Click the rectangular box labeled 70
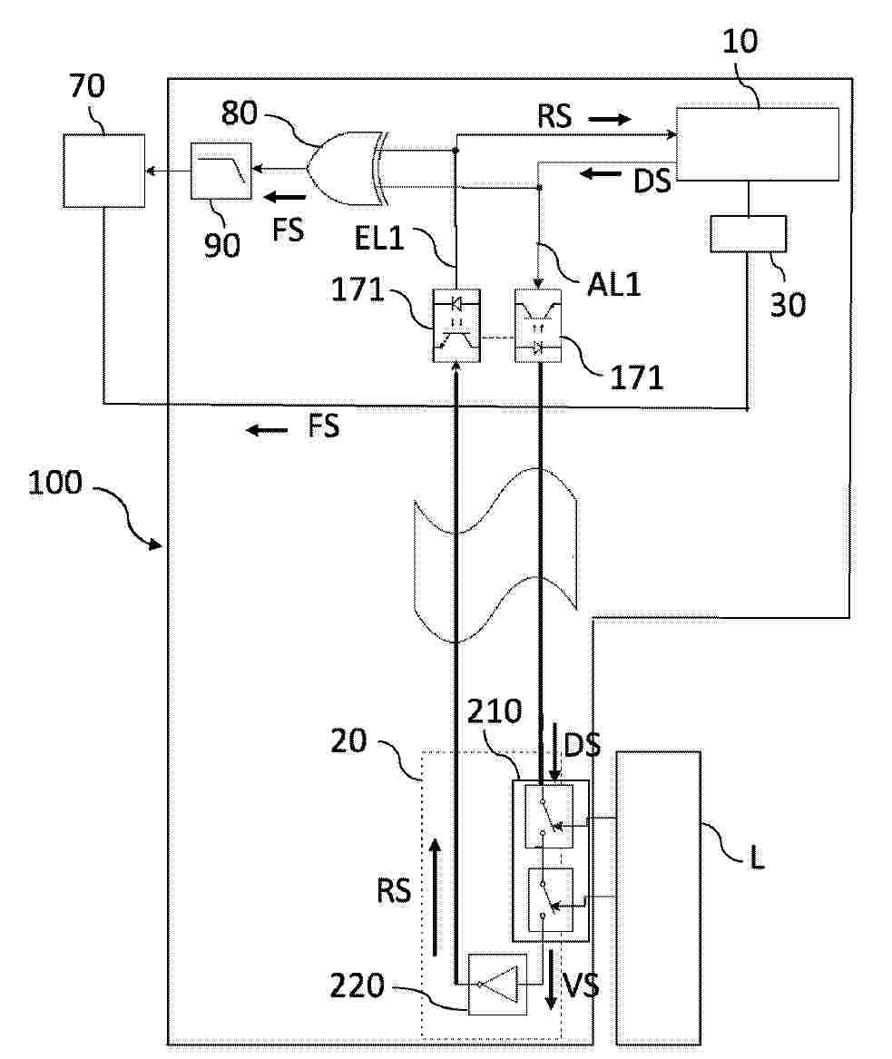(103, 170)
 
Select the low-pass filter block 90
(221, 170)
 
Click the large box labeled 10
(757, 144)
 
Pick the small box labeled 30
(746, 235)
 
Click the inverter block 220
(496, 984)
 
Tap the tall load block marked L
(658, 897)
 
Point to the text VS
(581, 985)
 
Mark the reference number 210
(495, 711)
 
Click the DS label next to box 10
(652, 181)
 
